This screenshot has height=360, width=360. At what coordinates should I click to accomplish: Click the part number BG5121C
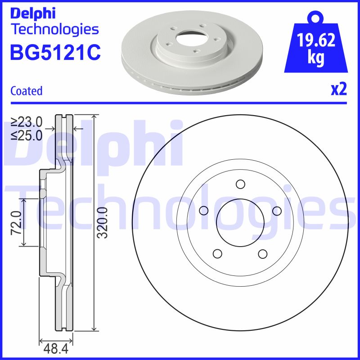55,53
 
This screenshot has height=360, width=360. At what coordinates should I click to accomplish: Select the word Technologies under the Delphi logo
54,30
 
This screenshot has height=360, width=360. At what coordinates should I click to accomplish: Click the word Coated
26,91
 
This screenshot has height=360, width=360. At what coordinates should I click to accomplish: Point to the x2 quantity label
339,90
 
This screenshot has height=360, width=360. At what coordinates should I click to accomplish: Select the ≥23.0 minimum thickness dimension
27,122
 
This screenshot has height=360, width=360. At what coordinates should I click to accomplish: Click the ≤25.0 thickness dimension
27,135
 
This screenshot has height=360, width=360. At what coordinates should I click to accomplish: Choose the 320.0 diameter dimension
103,222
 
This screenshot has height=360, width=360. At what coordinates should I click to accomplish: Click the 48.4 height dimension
56,348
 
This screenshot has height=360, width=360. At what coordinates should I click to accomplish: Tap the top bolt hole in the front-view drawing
240,184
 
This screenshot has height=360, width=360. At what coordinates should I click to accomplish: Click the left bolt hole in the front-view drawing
203,211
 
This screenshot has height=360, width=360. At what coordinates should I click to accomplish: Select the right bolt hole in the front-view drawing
277,211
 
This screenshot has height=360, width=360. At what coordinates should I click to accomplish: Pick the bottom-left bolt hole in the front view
217,254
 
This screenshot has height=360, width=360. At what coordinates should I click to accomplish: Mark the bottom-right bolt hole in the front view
263,254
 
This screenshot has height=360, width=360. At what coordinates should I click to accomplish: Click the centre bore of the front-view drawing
240,222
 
